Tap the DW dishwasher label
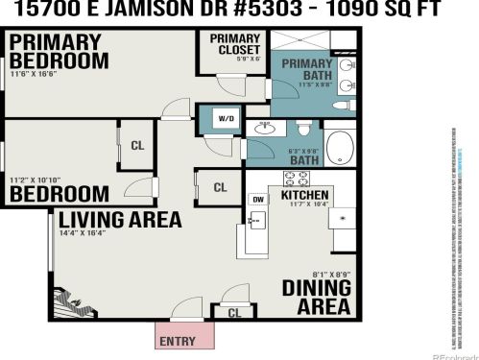point(257,199)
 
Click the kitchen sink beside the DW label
point(254,221)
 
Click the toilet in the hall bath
point(305,128)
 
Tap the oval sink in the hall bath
point(266,129)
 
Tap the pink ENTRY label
point(179,340)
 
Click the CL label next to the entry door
point(235,312)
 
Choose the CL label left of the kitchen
point(220,187)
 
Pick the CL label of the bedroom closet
point(137,147)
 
